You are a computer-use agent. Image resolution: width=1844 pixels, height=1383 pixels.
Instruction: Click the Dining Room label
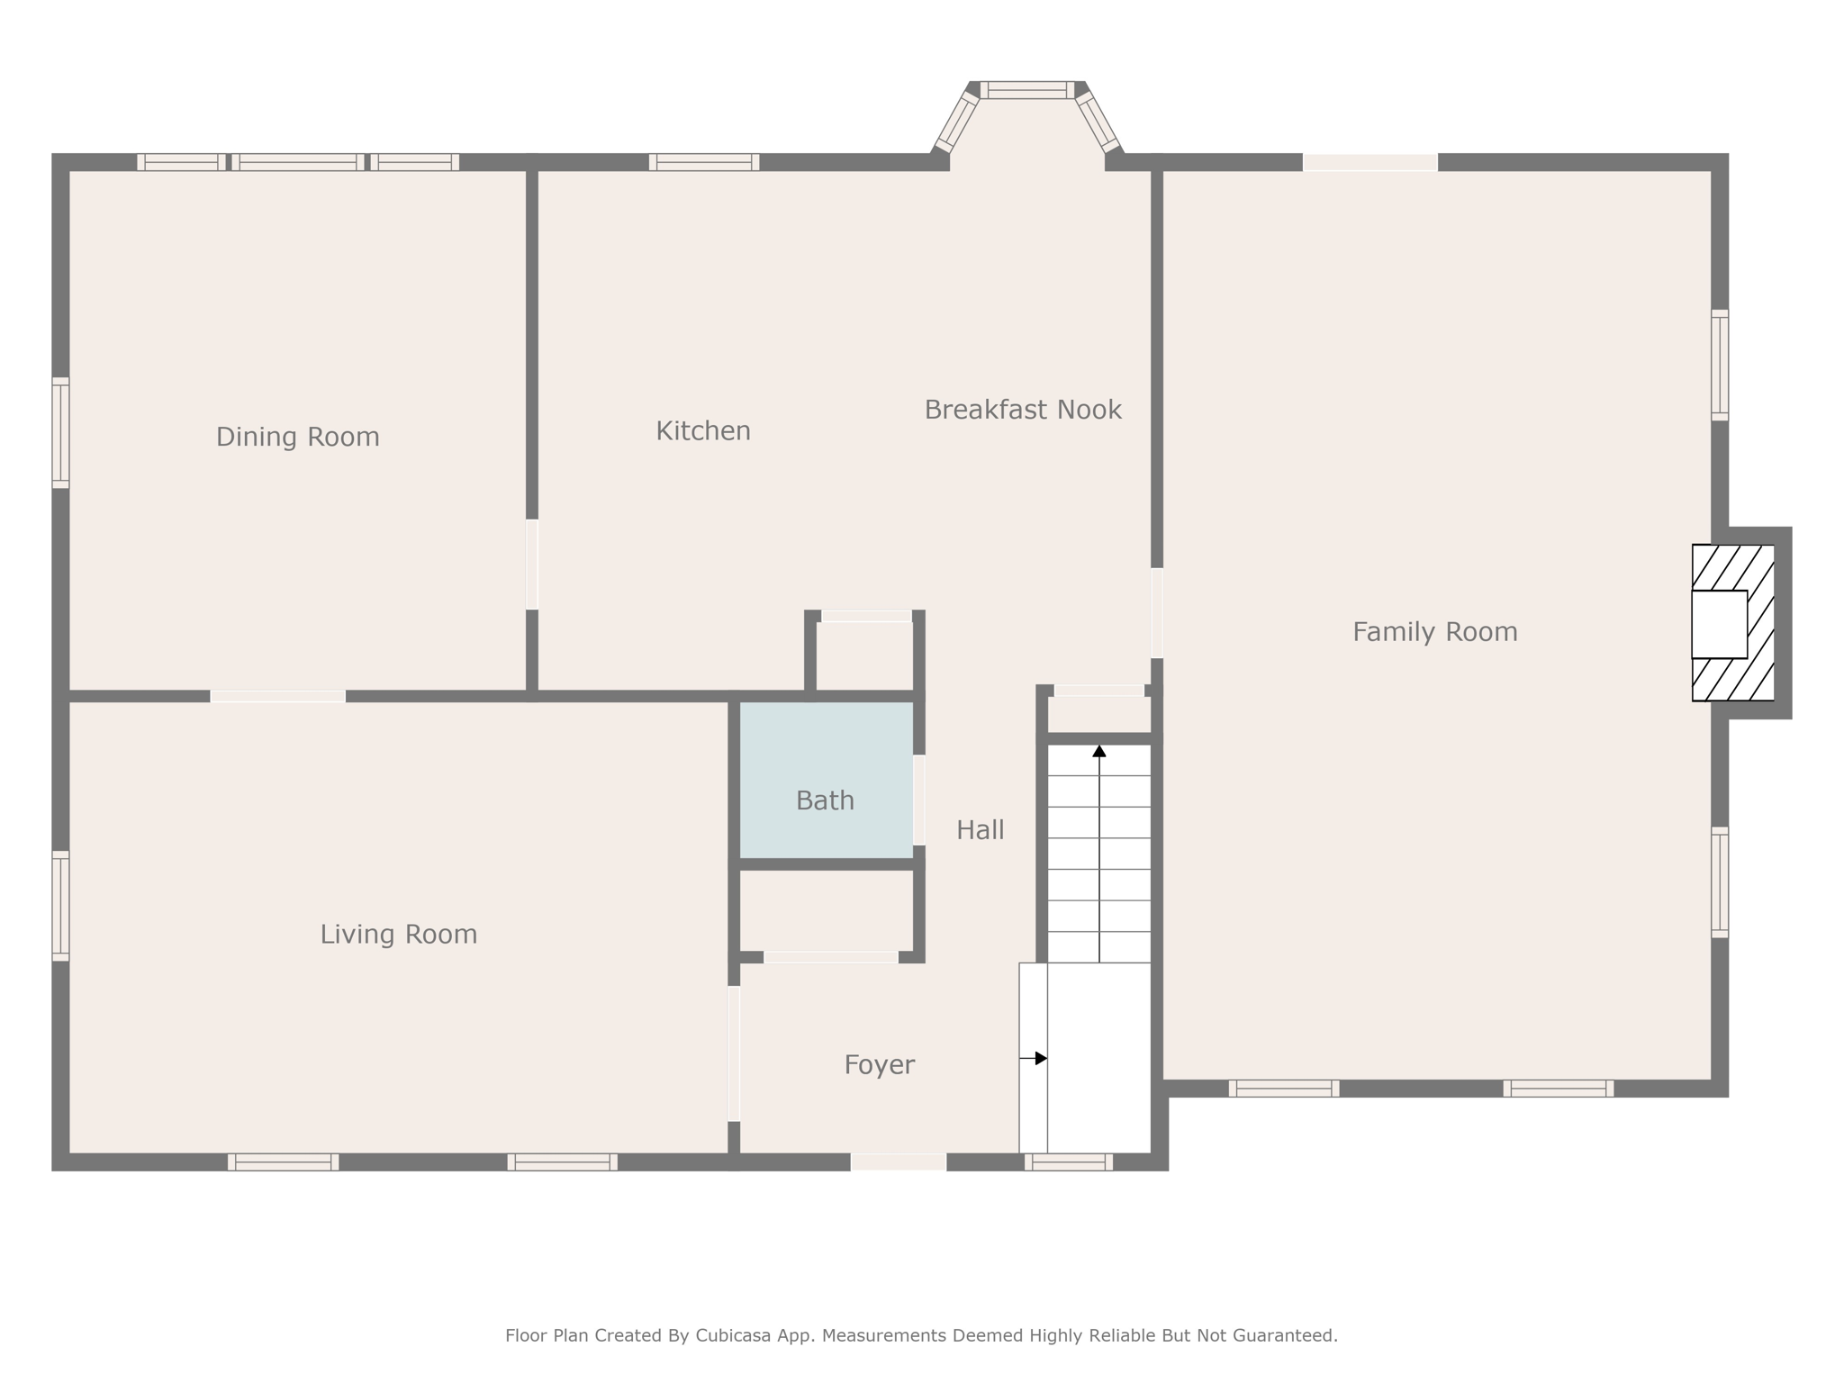[297, 437]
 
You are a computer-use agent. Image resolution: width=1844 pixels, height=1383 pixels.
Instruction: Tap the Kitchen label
[703, 431]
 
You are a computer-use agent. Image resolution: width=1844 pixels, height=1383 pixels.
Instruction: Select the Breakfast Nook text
[1023, 410]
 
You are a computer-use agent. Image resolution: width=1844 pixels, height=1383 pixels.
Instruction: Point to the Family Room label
[1435, 632]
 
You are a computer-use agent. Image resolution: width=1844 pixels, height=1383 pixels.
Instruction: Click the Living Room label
[399, 935]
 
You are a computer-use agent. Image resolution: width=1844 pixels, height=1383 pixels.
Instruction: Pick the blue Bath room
[827, 780]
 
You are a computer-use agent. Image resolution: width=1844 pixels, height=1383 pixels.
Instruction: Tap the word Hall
[981, 830]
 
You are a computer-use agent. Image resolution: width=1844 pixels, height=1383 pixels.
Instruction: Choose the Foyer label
[880, 1065]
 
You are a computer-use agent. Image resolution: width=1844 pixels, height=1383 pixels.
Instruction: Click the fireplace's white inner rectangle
[1719, 624]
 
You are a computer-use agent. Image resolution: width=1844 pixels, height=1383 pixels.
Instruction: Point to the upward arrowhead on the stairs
[1099, 750]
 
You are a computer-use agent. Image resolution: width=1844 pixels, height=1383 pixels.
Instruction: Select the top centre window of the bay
[1027, 90]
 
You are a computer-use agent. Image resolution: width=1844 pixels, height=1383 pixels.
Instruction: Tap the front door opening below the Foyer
[899, 1162]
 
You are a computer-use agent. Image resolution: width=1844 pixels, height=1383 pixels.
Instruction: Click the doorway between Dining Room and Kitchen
[532, 565]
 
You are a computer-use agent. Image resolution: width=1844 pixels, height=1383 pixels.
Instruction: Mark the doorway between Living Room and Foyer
[734, 1053]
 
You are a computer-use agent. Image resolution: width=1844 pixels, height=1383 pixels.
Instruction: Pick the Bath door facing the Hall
[919, 800]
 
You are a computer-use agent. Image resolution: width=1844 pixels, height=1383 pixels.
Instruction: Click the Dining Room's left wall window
[60, 433]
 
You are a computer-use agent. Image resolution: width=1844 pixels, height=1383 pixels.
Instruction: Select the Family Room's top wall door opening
[1370, 162]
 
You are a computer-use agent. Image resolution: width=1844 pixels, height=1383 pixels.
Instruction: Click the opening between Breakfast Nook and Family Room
[1157, 613]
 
